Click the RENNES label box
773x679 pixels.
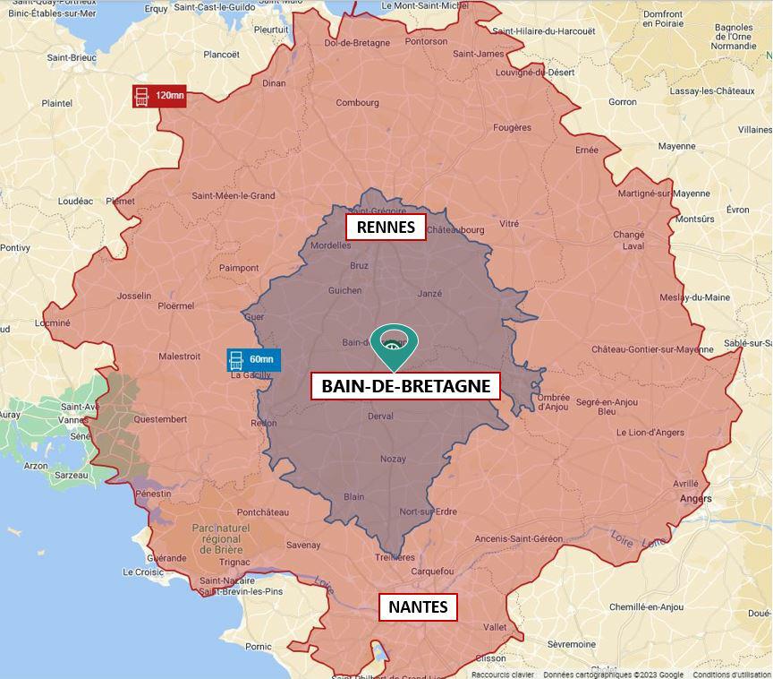tap(386, 227)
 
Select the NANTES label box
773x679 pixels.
tap(418, 606)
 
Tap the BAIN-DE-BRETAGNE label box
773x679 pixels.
tap(405, 386)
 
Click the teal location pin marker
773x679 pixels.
tap(394, 346)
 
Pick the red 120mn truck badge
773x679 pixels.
tap(159, 96)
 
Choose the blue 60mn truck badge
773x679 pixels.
tap(253, 360)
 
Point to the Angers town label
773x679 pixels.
tap(696, 499)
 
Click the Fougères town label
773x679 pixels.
tap(512, 128)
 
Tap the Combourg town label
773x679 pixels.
tap(357, 103)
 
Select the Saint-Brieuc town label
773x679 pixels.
tap(72, 58)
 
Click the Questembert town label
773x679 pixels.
tap(160, 419)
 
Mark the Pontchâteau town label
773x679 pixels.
tap(263, 512)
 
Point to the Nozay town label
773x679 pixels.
tap(392, 459)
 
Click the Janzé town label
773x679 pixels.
tap(429, 294)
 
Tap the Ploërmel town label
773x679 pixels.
tap(175, 305)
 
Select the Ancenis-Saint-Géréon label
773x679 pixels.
tap(519, 538)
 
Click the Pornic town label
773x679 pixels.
tap(258, 646)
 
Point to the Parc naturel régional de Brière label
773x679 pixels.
tap(220, 539)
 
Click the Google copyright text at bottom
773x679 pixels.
tap(613, 675)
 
